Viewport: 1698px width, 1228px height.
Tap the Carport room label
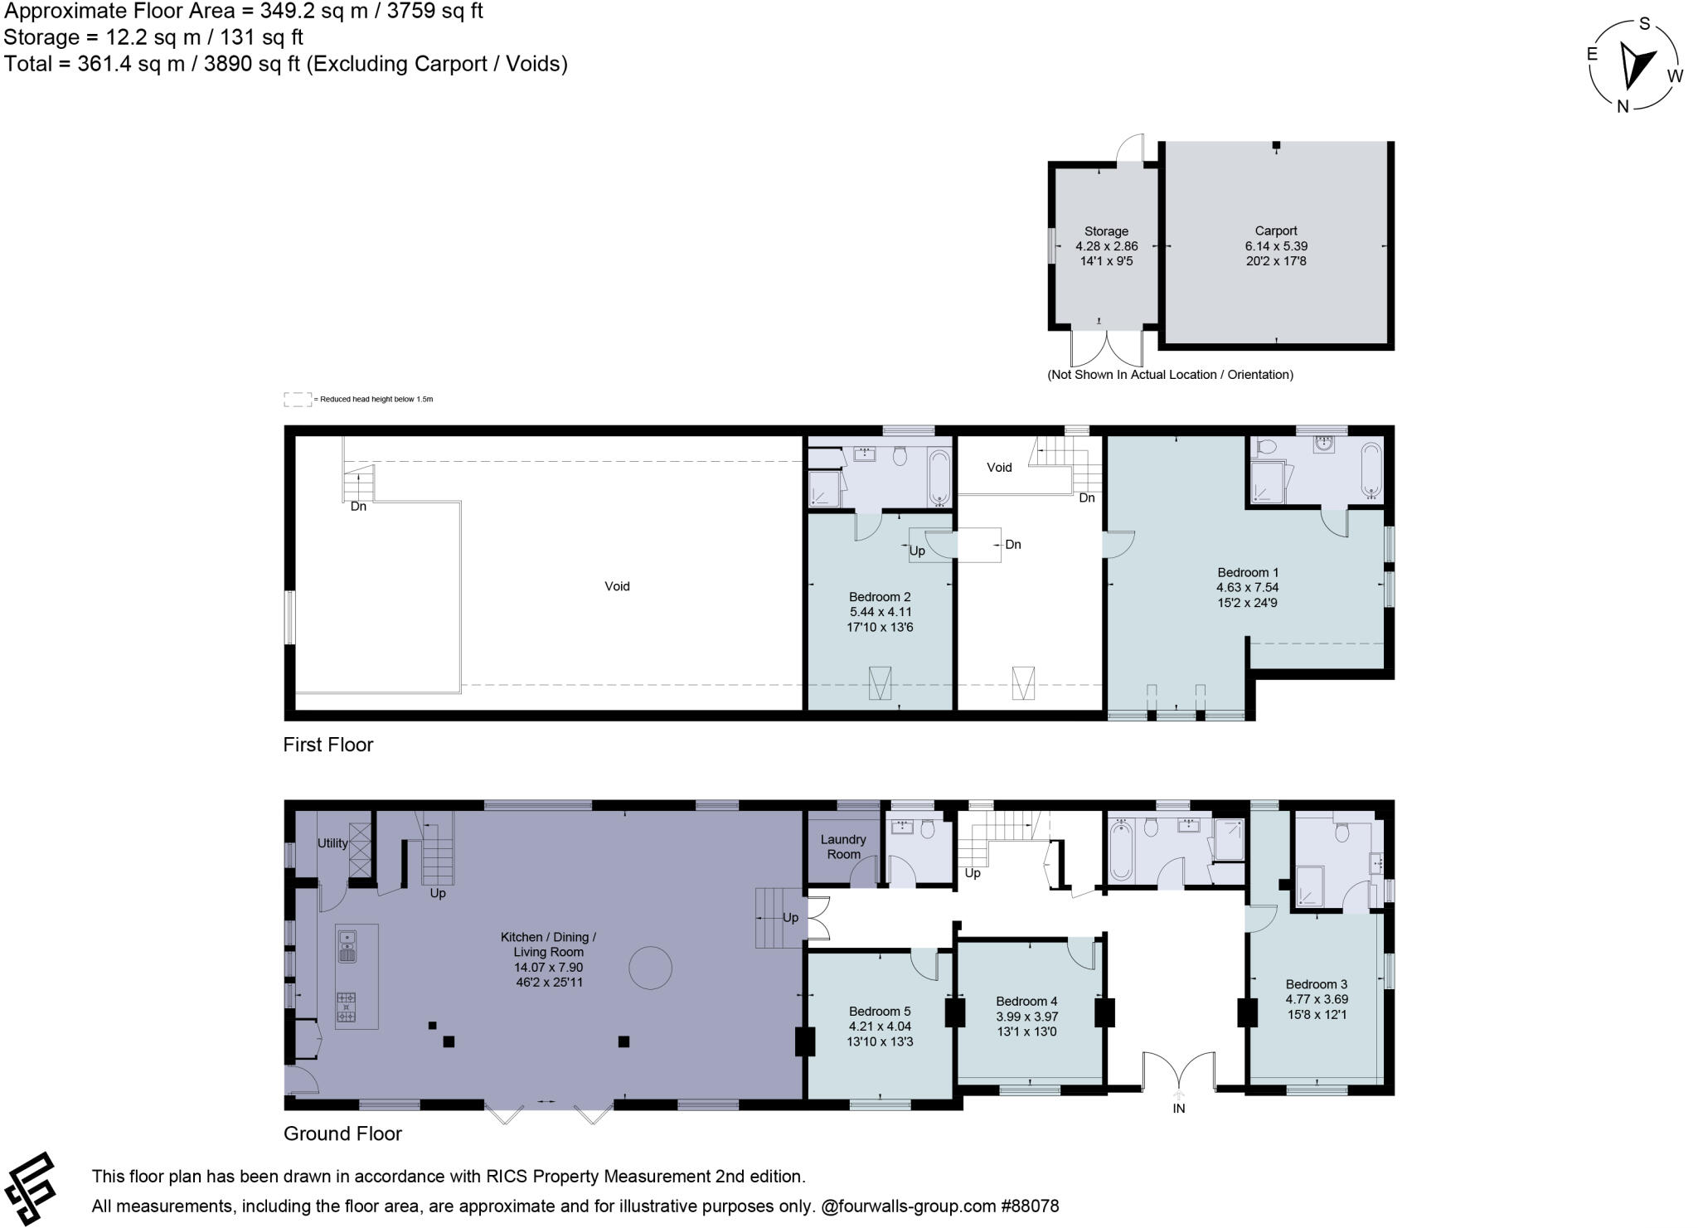tap(1275, 231)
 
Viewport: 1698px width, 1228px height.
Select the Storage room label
tap(1106, 232)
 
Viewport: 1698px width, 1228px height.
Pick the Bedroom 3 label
tap(1316, 984)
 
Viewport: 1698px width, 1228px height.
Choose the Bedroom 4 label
tap(1026, 1001)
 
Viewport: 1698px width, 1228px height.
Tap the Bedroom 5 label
tap(880, 1011)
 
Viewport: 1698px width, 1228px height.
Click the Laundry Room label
tap(843, 847)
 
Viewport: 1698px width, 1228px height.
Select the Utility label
tap(332, 843)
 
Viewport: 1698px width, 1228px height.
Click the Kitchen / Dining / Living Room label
tap(548, 944)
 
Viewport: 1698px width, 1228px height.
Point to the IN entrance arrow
tap(1179, 1099)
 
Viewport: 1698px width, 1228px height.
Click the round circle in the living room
tap(650, 968)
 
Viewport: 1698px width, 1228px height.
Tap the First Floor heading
tap(328, 745)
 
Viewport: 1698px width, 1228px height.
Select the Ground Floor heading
tap(342, 1133)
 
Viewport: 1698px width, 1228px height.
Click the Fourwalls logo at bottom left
tap(31, 1188)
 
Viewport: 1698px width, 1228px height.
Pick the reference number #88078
tap(1030, 1206)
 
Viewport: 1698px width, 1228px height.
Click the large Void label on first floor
tap(617, 586)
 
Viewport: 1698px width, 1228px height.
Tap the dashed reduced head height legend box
tap(298, 399)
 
